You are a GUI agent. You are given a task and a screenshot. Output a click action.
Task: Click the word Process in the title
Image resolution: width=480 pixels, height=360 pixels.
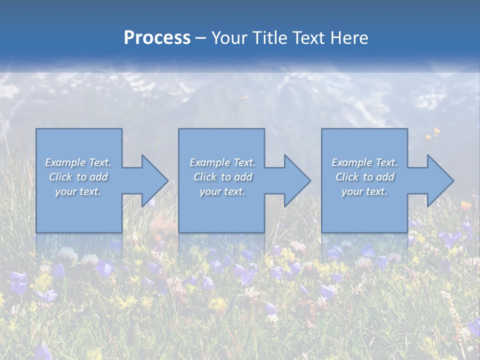(x=157, y=38)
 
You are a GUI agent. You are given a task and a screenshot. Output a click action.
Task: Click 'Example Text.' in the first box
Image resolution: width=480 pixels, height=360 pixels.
(x=78, y=162)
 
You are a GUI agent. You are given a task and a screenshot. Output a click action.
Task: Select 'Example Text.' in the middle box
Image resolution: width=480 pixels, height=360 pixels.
(x=222, y=162)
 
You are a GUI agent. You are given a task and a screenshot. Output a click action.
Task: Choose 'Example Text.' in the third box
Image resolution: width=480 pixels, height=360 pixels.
(x=364, y=162)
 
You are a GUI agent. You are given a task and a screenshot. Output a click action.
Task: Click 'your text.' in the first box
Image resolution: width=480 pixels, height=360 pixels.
(x=78, y=191)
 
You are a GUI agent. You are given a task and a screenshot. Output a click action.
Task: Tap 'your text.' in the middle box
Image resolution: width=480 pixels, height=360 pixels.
(x=222, y=191)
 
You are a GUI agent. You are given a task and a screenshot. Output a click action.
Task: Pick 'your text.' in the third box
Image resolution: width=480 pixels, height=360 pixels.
(x=364, y=191)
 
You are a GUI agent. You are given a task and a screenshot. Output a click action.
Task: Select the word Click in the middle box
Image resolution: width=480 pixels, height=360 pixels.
(x=205, y=177)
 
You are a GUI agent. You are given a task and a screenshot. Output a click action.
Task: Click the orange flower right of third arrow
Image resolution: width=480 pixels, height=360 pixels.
(x=465, y=205)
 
